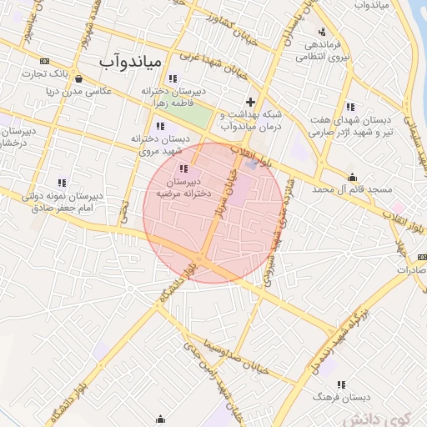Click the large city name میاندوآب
pos(133,61)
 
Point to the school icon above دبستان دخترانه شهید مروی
pos(161,125)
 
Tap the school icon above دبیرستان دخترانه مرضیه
pos(183,168)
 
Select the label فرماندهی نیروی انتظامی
pos(322,51)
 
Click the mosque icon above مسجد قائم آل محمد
pos(353,177)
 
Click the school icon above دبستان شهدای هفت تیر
pos(349,107)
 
